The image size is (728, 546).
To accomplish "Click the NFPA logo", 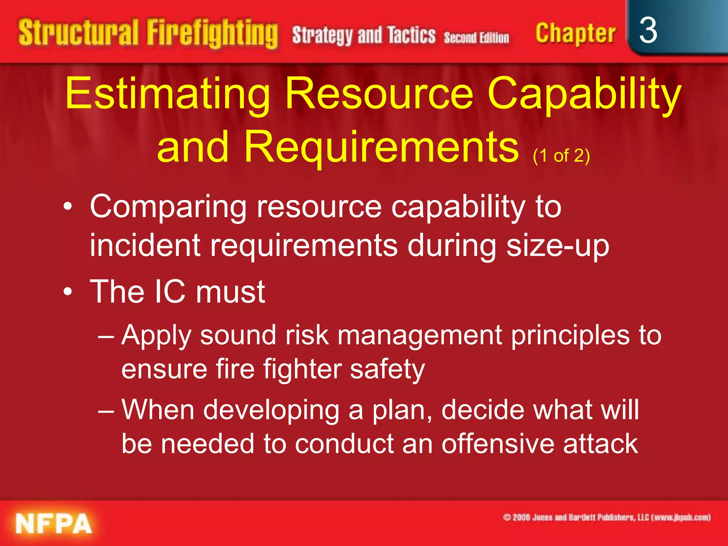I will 54,523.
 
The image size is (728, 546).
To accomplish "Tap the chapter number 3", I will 648,31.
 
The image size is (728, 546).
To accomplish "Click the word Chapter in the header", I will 575,34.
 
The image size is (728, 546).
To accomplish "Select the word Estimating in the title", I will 167,94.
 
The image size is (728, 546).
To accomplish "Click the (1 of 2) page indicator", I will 561,156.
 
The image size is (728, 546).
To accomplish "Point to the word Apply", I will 156,336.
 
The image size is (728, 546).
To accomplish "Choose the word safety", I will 387,370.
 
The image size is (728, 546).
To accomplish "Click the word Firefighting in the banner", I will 212,34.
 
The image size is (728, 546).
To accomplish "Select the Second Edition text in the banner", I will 476,38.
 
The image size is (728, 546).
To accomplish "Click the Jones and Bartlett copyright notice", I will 606,517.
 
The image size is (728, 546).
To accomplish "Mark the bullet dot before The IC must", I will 68,292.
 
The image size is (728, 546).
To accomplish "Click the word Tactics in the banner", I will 411,36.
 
